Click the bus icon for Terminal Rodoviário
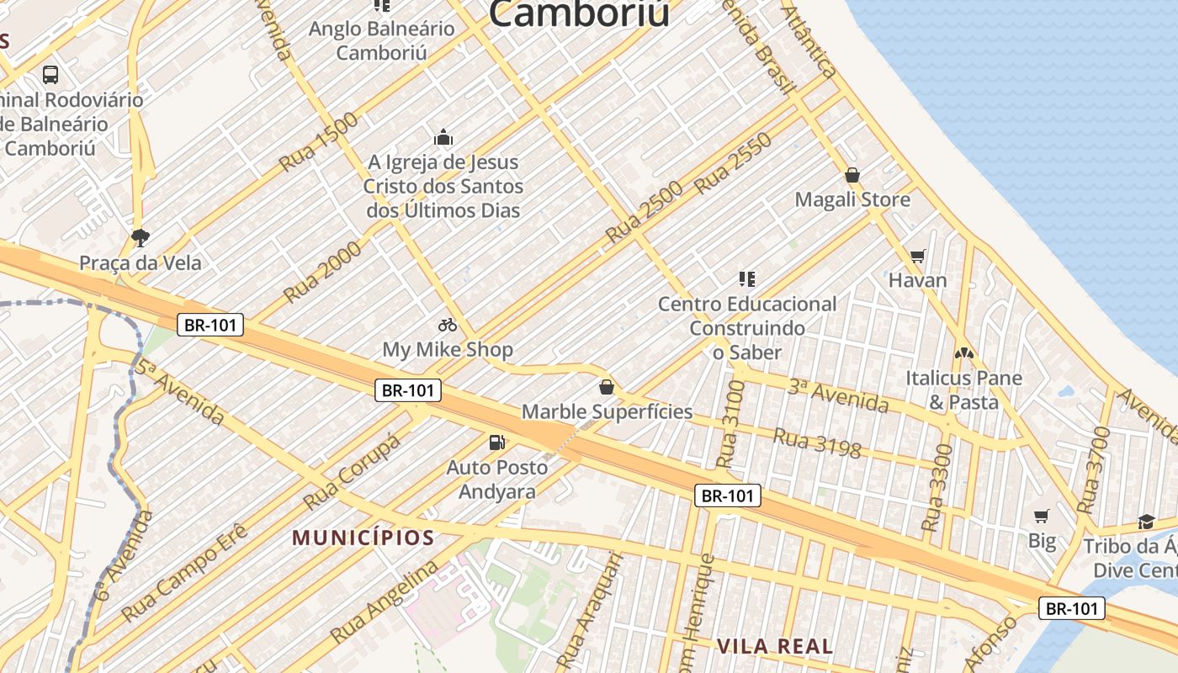coord(50,75)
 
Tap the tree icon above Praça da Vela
coord(141,238)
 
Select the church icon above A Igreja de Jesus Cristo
coord(443,137)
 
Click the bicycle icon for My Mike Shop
coord(448,325)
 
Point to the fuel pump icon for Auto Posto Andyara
coord(497,442)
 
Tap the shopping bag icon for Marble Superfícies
coord(607,387)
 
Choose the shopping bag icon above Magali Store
coord(852,175)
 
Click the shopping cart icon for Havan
coord(917,256)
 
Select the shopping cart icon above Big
coord(1042,516)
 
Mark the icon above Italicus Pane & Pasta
coord(963,354)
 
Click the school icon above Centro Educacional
coord(746,278)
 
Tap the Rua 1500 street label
coord(319,142)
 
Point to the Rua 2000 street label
coord(322,271)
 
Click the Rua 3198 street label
coord(816,442)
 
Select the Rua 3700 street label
coord(1090,482)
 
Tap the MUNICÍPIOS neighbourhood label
coord(363,538)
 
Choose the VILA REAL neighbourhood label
coord(775,646)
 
